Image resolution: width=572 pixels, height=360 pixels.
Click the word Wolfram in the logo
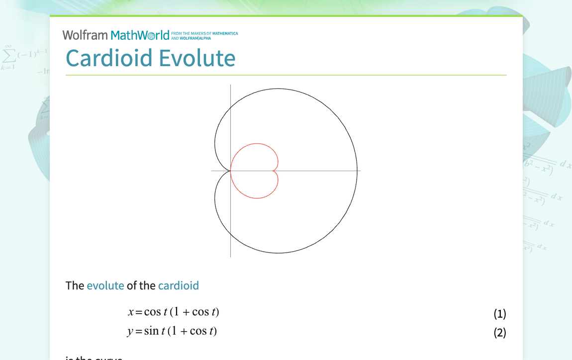point(85,35)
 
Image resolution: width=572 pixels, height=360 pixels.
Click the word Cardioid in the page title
point(109,58)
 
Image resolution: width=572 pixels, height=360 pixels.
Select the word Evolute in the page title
point(197,58)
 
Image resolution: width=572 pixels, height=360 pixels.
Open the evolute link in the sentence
point(105,285)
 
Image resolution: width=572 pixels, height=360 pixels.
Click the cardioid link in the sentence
point(178,285)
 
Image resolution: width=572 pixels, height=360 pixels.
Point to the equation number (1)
point(499,313)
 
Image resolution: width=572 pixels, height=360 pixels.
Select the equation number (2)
point(499,332)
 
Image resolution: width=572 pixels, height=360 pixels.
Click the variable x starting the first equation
point(131,312)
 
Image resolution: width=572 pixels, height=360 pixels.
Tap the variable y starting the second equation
point(130,331)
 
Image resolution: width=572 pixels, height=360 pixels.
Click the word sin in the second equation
point(151,331)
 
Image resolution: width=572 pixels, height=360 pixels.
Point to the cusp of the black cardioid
point(230,171)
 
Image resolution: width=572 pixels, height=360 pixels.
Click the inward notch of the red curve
point(274,171)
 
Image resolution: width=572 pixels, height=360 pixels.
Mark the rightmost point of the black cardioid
point(357,171)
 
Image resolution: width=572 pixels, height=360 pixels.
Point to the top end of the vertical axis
point(230,85)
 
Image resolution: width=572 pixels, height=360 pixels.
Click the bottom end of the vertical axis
point(230,257)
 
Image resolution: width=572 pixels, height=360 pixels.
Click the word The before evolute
point(75,285)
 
